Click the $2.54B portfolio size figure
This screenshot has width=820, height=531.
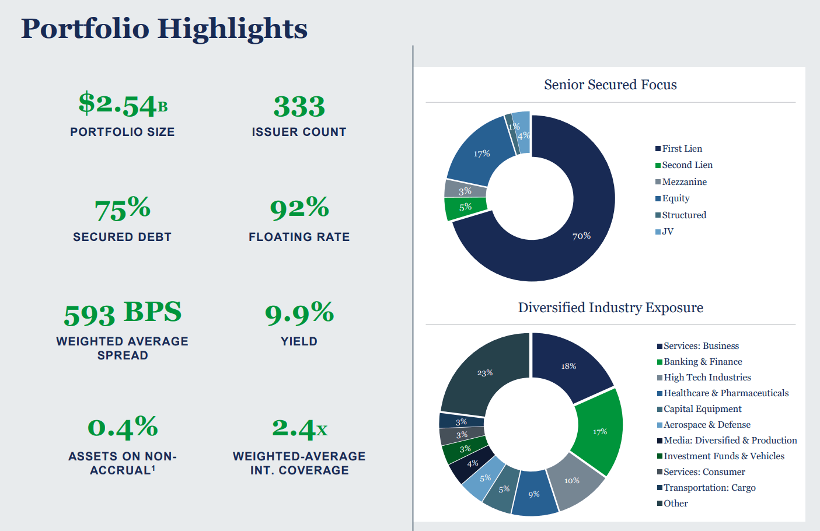(123, 105)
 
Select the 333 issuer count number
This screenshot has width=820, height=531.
(299, 107)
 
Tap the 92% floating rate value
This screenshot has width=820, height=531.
(299, 208)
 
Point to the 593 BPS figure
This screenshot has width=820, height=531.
(123, 313)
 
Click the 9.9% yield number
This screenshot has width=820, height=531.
(299, 313)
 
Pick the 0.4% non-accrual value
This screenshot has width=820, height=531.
(123, 428)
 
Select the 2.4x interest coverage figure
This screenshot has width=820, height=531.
(299, 429)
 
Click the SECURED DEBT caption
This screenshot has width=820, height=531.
(123, 237)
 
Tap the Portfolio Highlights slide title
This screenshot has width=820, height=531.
(164, 28)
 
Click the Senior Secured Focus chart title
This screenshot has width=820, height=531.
(610, 85)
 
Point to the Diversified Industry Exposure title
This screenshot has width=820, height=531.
(610, 308)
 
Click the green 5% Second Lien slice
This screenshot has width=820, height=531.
(465, 208)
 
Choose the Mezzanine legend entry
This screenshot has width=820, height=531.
(683, 182)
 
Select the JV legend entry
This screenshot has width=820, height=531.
(667, 232)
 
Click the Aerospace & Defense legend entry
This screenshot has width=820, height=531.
(706, 425)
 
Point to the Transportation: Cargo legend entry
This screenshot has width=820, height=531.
(709, 488)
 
